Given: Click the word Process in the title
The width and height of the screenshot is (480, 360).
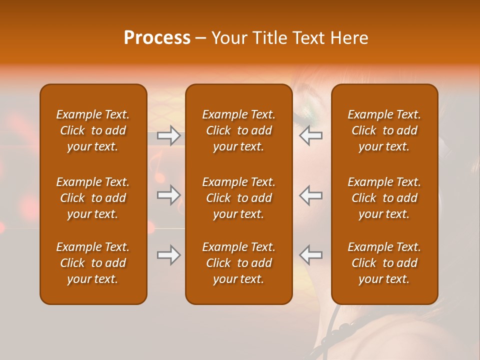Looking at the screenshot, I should (x=157, y=38).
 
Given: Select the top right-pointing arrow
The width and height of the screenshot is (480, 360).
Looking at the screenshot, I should (x=168, y=135).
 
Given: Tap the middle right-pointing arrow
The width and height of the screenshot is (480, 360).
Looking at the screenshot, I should (x=168, y=195).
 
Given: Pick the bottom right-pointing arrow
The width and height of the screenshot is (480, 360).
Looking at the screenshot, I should (x=168, y=255).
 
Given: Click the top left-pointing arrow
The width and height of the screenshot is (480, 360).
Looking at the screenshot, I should (x=310, y=135).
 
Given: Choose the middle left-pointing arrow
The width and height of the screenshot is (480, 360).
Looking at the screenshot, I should (x=310, y=195).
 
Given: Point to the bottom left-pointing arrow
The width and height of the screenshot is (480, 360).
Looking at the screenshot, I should (x=310, y=255).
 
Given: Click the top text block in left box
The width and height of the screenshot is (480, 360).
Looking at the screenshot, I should (x=93, y=130).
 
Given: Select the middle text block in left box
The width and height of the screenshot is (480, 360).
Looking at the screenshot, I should (x=93, y=198).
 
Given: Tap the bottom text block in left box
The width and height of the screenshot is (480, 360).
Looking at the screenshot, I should (x=93, y=263).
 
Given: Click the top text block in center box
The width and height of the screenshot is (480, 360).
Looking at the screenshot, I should (x=238, y=130).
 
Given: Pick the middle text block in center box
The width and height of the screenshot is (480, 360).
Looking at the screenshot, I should (x=238, y=198).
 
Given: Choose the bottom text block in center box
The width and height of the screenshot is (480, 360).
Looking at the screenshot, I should (x=238, y=263).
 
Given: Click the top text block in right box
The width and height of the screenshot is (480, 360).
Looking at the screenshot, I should (x=384, y=130).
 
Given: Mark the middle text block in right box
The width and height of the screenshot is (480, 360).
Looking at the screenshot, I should (x=384, y=198).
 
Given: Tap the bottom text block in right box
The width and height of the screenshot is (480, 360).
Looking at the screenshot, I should (x=384, y=263).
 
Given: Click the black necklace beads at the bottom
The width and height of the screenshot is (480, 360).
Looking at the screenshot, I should (x=345, y=327).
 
